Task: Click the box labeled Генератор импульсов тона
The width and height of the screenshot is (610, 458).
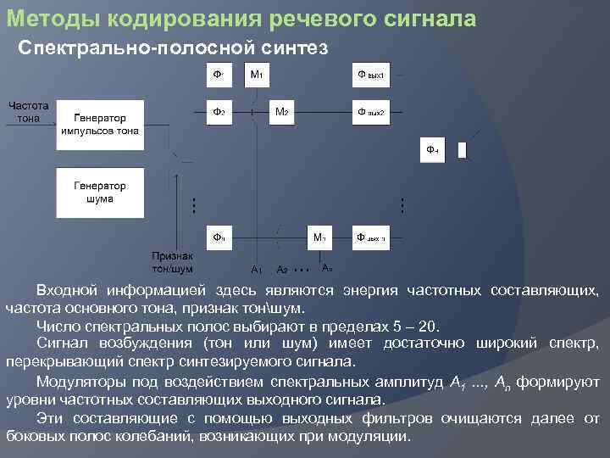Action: tap(100, 125)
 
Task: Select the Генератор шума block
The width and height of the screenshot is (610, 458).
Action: tap(100, 192)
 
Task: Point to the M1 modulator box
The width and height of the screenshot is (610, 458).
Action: tap(256, 75)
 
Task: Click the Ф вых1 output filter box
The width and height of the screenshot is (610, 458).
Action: tap(371, 75)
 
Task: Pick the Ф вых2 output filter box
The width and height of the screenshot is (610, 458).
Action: tap(371, 111)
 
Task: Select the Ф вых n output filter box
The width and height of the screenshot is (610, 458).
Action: tap(371, 237)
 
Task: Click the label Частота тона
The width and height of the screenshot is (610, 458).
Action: tap(28, 112)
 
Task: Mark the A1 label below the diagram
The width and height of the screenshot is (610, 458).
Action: tap(257, 269)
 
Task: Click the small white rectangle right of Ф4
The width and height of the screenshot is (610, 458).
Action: tap(463, 150)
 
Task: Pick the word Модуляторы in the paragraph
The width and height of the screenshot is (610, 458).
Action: tap(81, 382)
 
